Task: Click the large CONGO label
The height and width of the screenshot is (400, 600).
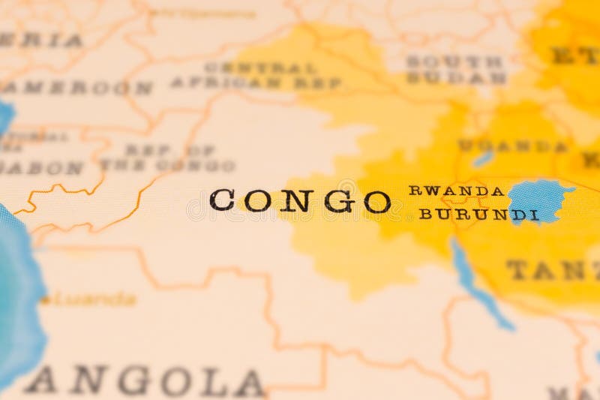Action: (300, 200)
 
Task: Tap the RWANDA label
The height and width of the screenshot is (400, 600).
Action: (456, 191)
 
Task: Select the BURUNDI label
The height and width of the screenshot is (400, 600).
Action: (478, 214)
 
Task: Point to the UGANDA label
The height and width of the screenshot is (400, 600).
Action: (513, 146)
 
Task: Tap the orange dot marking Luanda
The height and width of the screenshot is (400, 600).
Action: (45, 301)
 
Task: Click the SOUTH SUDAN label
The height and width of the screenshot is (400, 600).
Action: (455, 69)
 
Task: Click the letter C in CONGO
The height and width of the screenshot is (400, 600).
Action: (223, 200)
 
